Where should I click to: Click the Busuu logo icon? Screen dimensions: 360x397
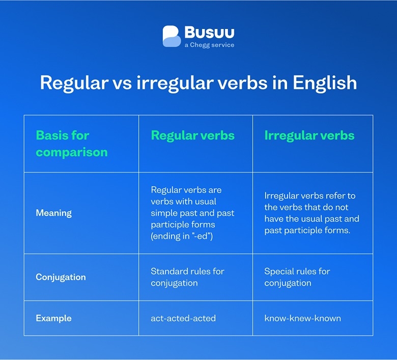click(x=172, y=37)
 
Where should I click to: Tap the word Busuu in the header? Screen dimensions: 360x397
click(x=209, y=33)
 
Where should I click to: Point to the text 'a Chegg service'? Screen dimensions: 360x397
click(x=209, y=45)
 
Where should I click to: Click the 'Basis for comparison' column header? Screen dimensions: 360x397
click(x=71, y=144)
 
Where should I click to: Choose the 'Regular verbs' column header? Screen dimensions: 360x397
click(x=192, y=135)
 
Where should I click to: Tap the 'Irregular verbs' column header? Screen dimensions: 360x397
click(x=309, y=135)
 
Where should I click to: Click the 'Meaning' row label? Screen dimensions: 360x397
click(x=53, y=213)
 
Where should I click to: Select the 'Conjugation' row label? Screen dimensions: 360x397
click(x=61, y=278)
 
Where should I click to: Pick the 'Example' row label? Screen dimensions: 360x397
click(x=53, y=318)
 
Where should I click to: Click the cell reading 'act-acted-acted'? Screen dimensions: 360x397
click(x=183, y=318)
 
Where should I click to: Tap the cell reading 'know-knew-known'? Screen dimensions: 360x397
click(x=302, y=318)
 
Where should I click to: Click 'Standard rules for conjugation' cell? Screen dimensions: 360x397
click(x=187, y=277)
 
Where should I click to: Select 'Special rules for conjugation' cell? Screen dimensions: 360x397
click(x=297, y=277)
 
